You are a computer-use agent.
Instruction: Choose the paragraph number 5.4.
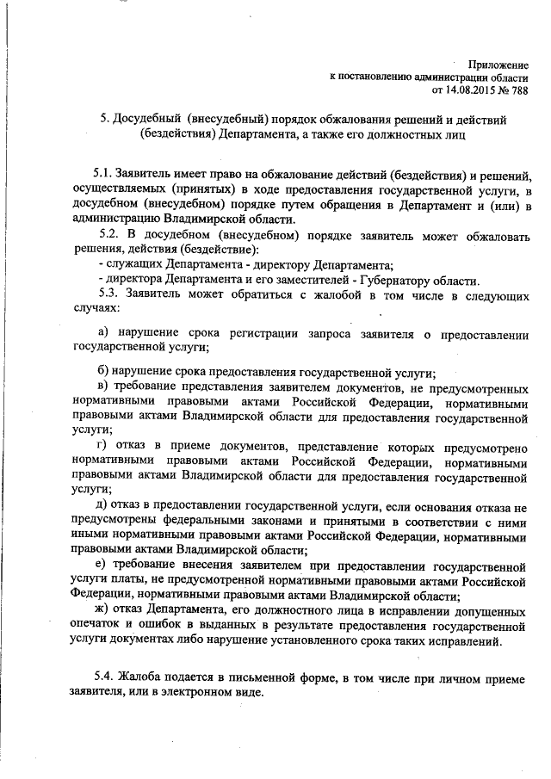click(108, 679)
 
